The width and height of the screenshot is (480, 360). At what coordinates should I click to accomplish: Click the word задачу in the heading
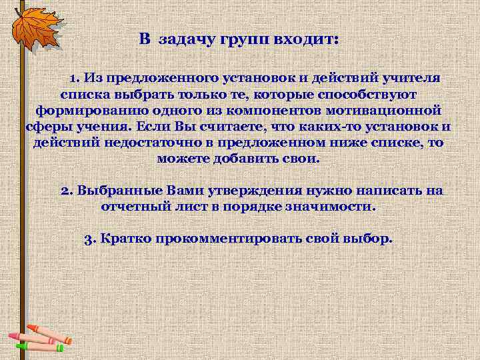point(183,39)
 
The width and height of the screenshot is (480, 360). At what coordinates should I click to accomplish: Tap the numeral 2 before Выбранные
point(65,191)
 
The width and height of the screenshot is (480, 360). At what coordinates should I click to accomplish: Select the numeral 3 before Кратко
point(89,239)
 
